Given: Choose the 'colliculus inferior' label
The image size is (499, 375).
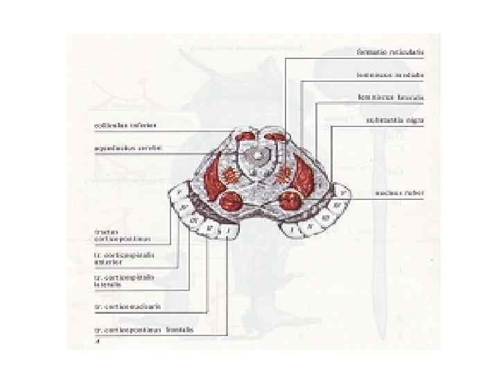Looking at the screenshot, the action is [125, 126].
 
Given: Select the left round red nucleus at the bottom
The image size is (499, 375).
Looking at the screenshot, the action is [231, 202].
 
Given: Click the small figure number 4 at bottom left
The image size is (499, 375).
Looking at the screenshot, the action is [97, 342].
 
